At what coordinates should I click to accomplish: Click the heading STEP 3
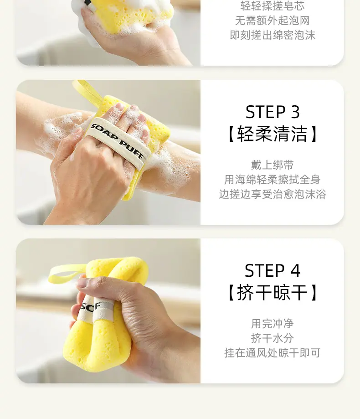tap(273, 112)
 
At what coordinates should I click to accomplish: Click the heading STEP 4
tap(273, 270)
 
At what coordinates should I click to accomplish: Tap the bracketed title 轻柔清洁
tap(273, 134)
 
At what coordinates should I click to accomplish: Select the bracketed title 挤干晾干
tap(273, 292)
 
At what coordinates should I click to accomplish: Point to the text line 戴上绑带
tap(273, 165)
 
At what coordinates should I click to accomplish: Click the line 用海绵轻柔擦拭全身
tap(273, 179)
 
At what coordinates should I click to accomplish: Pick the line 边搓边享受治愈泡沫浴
tap(273, 194)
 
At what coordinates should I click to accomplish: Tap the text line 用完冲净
tap(273, 324)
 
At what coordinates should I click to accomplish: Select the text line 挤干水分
tap(273, 338)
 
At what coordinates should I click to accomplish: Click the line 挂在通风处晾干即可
tap(273, 353)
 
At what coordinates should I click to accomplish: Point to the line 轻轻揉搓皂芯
tap(273, 6)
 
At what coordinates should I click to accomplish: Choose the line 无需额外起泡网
tap(273, 21)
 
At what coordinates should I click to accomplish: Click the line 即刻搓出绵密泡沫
tap(273, 35)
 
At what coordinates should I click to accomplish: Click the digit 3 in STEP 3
tap(295, 112)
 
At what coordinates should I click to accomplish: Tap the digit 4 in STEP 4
tap(295, 271)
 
